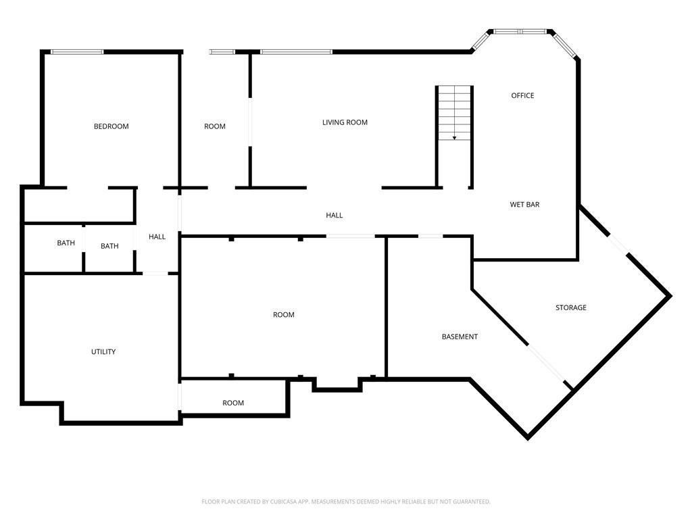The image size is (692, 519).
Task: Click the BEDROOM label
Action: (x=111, y=126)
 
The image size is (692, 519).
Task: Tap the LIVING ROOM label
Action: (x=345, y=122)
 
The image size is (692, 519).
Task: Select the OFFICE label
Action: (x=522, y=95)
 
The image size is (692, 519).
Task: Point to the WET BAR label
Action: (x=524, y=204)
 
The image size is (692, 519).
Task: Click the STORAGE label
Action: (x=571, y=307)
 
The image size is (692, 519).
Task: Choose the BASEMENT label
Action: (x=460, y=337)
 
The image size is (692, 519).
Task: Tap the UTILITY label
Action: (x=103, y=351)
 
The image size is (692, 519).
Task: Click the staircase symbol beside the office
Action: (x=454, y=113)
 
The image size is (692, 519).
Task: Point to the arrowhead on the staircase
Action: (x=454, y=138)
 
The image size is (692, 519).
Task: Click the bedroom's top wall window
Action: (x=77, y=52)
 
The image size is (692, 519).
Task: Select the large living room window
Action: (x=296, y=52)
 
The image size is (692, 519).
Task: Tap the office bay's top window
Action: (x=520, y=31)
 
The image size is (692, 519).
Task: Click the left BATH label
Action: (x=66, y=243)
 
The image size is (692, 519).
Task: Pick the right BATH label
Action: (x=109, y=246)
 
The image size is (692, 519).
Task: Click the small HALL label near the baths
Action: (x=157, y=237)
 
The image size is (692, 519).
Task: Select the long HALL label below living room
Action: (x=335, y=215)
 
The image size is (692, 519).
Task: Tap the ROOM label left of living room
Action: (x=215, y=126)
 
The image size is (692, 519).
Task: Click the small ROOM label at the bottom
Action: (x=233, y=403)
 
